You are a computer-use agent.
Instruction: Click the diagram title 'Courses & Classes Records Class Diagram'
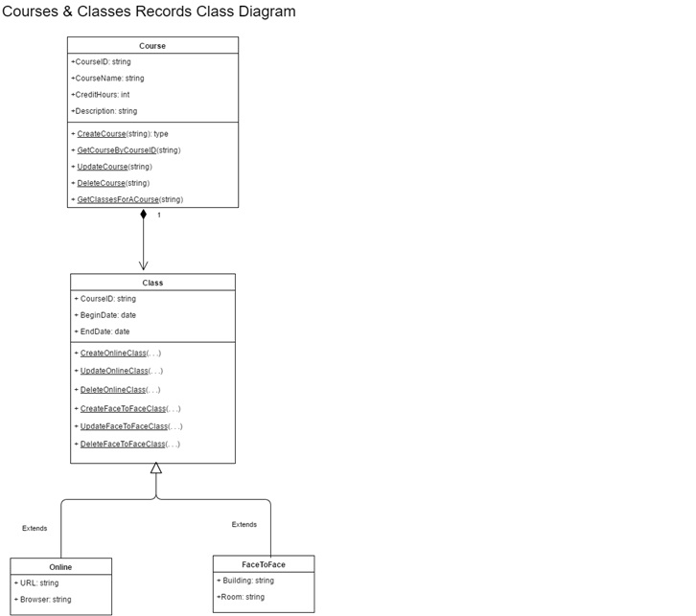(149, 12)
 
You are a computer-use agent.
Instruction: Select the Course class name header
(152, 46)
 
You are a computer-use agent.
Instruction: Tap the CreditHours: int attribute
(101, 95)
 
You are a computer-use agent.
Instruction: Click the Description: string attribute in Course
(104, 111)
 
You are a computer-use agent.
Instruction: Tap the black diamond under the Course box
(144, 215)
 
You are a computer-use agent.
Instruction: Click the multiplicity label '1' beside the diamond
(159, 216)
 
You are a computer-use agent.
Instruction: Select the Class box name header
(152, 283)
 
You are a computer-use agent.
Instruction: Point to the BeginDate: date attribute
(105, 315)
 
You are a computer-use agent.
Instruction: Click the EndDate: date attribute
(103, 331)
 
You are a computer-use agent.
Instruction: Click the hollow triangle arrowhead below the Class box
(156, 468)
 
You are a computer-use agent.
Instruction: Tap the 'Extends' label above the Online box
(35, 528)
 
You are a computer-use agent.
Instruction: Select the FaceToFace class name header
(264, 564)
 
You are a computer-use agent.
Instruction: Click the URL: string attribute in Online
(36, 582)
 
